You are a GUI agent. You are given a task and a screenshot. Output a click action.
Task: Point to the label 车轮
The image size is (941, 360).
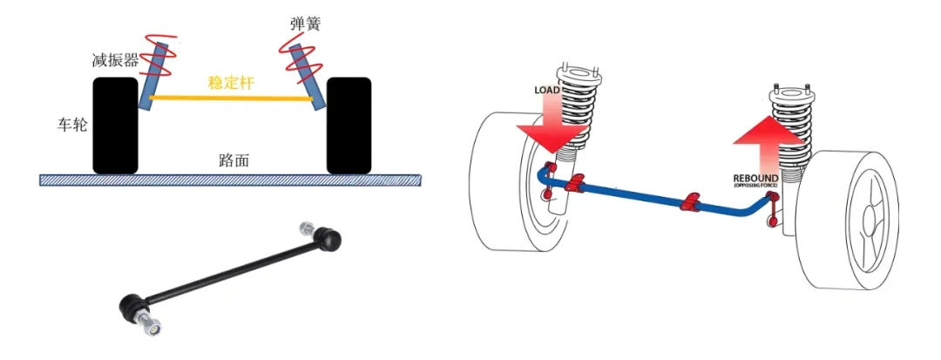point(66,124)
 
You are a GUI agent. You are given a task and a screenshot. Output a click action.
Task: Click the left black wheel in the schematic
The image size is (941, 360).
point(114,126)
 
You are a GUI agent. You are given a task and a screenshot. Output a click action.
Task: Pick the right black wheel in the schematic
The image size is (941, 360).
point(348,126)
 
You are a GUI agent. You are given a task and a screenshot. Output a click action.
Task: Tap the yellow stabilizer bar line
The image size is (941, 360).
point(231,98)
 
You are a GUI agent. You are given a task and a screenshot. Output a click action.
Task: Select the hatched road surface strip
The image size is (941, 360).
point(231,180)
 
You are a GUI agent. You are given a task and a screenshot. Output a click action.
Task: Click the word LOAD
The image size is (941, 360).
point(549,90)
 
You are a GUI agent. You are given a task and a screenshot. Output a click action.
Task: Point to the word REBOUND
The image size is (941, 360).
point(755,179)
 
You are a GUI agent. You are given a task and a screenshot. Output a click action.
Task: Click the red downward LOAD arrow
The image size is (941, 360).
point(549,122)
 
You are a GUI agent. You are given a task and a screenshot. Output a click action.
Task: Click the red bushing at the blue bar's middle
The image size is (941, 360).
point(693,202)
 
